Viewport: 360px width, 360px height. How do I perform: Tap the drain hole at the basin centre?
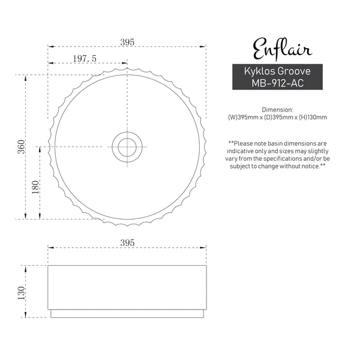click(127, 145)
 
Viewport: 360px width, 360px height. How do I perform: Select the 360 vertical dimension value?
click(20, 146)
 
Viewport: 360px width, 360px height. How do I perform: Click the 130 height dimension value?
click(21, 292)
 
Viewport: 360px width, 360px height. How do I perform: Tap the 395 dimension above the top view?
click(127, 42)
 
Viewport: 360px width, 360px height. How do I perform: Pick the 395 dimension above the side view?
click(127, 242)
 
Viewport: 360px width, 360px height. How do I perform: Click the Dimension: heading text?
click(277, 110)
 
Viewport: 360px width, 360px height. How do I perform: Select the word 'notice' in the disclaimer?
click(310, 166)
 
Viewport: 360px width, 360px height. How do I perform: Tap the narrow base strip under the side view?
click(127, 314)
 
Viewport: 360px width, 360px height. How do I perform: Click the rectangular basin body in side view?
click(127, 287)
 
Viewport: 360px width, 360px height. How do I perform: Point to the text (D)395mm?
click(277, 118)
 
